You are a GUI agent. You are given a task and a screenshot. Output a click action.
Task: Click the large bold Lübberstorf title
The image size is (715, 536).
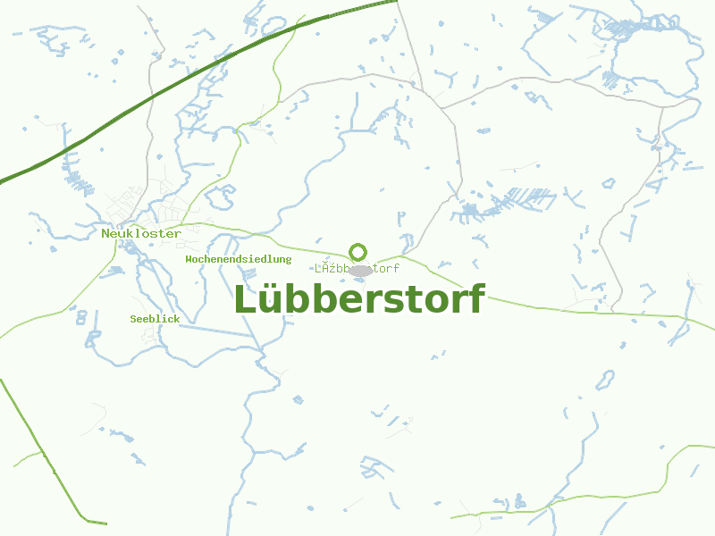pos(358,299)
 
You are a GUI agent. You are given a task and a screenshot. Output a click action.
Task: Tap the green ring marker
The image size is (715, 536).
pos(358,252)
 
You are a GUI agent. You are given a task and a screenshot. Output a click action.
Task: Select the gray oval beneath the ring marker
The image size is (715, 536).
pos(360,270)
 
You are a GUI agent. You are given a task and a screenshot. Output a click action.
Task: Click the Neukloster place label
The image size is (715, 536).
pos(141,233)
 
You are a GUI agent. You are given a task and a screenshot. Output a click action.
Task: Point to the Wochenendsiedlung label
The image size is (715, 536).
pos(239,259)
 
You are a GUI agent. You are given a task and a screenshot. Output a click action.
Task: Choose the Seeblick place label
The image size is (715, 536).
pos(155,319)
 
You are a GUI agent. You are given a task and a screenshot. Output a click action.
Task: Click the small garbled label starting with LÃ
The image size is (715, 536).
pos(357,268)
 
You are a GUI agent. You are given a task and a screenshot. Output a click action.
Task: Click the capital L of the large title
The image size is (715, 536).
pos(245,299)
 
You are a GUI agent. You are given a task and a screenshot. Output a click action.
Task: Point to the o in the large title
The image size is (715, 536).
pos(433,303)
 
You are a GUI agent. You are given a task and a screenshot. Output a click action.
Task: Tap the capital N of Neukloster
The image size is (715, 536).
pos(105,233)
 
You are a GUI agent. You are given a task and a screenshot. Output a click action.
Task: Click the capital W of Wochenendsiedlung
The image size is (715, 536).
pos(189,259)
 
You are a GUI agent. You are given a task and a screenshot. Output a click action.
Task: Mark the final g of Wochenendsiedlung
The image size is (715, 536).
pos(289,260)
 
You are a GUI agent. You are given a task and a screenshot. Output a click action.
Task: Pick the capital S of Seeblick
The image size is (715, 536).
pos(133,319)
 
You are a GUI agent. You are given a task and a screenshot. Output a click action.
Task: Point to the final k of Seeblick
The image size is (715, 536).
pos(177,319)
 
